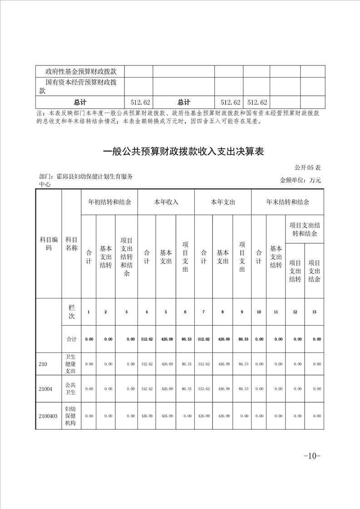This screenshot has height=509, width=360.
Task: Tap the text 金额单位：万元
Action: point(301,180)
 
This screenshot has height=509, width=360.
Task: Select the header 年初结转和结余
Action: point(109,202)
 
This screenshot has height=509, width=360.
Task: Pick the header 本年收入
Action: point(166,202)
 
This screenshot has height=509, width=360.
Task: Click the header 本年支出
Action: point(223,202)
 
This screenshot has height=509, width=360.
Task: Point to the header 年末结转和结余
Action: point(287,202)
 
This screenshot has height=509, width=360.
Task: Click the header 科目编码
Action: point(49,244)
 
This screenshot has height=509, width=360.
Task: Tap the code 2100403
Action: point(48,416)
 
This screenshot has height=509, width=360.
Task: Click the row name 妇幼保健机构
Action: point(72,416)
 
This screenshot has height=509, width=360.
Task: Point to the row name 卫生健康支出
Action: point(72,364)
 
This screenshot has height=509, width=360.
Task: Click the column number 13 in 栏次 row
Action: point(316,312)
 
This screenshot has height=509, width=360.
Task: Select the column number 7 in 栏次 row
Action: point(203,312)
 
